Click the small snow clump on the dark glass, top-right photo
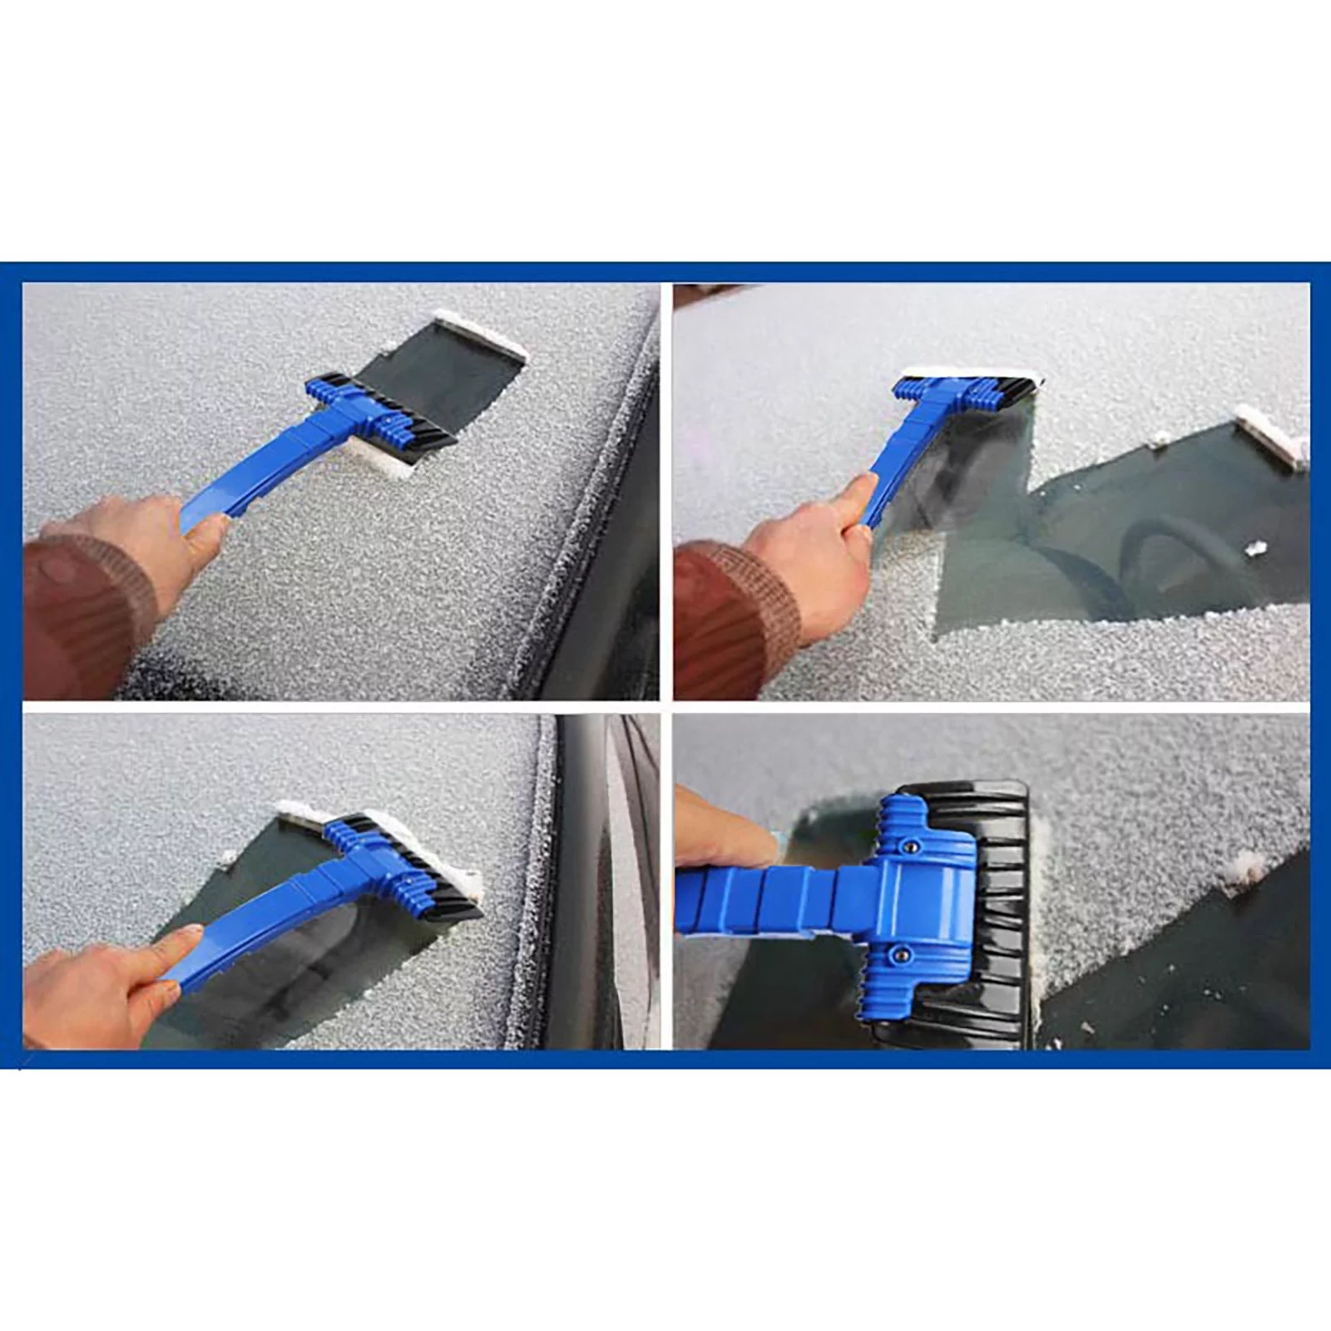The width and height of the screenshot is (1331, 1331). (x=1254, y=548)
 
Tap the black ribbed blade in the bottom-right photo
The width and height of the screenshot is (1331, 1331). (x=1002, y=915)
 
